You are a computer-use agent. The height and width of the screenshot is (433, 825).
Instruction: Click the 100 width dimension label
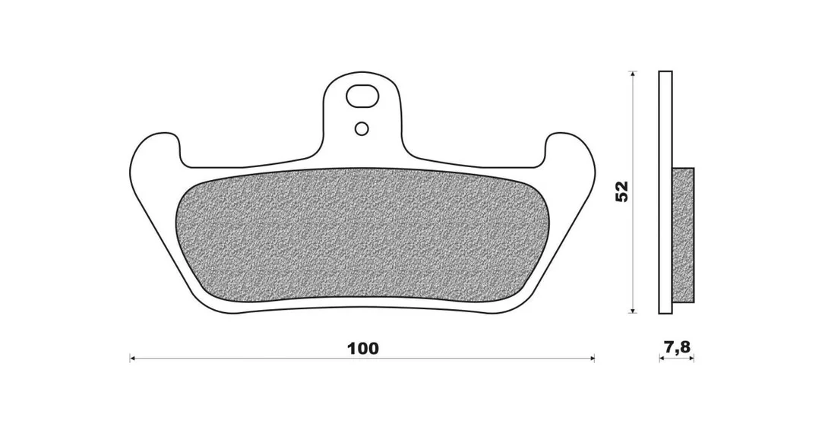[362, 348]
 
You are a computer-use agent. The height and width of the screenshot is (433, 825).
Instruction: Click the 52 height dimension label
[622, 191]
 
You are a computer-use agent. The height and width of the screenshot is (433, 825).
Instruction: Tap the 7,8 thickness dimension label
[677, 346]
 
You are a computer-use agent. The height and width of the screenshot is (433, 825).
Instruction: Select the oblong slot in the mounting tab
[362, 96]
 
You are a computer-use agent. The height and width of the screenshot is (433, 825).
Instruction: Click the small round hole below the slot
[362, 128]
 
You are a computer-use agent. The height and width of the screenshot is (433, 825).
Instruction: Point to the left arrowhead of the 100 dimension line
[133, 359]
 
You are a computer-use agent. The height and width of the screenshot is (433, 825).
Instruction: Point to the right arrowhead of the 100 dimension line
[591, 359]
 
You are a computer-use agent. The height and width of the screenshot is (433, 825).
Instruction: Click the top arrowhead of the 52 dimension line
[634, 74]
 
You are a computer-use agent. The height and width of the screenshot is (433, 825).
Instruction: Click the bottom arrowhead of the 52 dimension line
[634, 310]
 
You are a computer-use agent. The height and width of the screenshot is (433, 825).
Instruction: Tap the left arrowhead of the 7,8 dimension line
[662, 359]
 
